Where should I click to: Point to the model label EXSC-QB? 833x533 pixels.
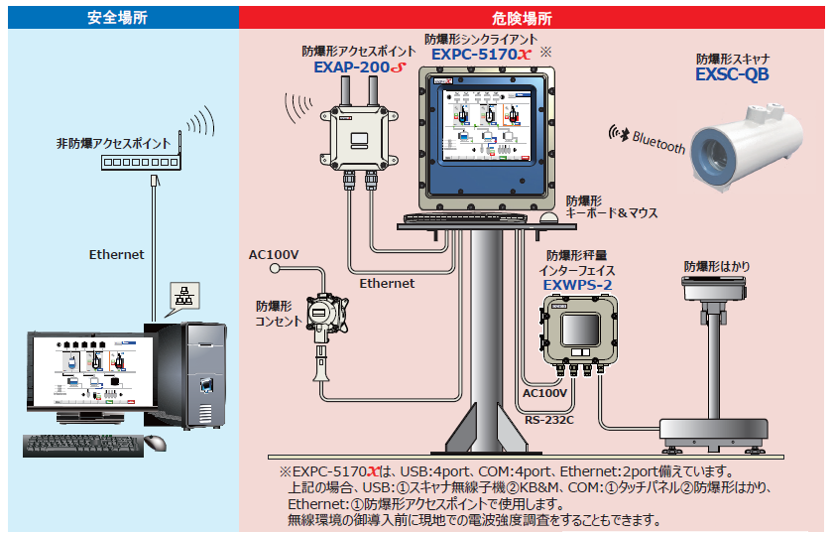[x=732, y=74]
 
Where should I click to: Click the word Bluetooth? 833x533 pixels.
[x=658, y=141]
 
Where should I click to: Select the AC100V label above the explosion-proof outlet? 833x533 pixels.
[x=274, y=255]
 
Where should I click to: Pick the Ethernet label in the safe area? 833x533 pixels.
[x=117, y=254]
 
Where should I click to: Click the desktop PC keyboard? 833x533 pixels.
[x=79, y=445]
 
